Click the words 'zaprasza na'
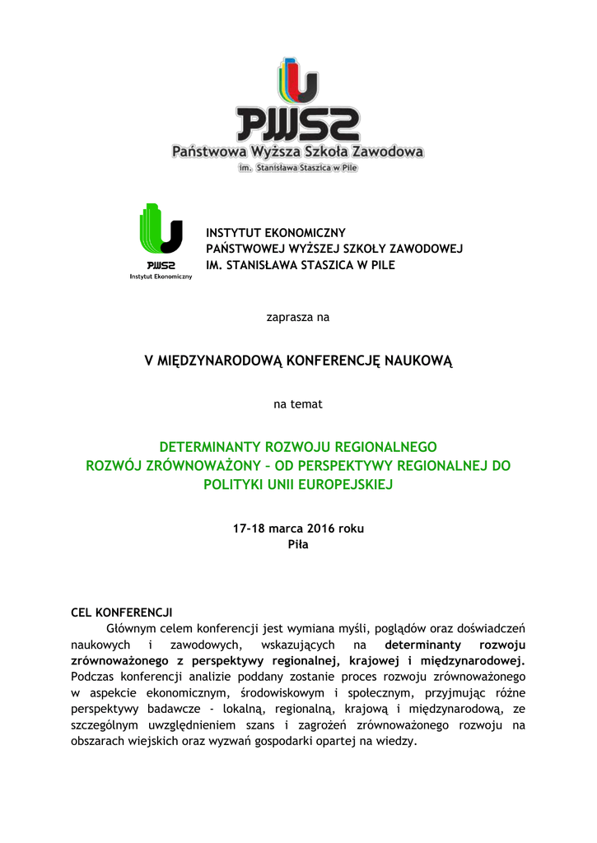point(298,317)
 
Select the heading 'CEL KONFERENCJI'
point(122,612)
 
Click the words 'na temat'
point(298,404)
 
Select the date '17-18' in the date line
point(250,529)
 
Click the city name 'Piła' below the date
point(298,544)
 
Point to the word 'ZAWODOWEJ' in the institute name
point(427,249)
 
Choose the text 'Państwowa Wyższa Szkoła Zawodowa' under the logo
point(297,152)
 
